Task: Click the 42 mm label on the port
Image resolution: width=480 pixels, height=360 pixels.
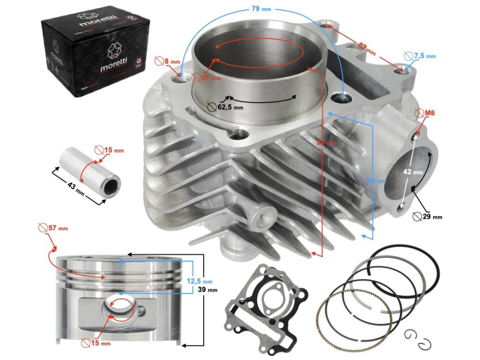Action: [x=414, y=171]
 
